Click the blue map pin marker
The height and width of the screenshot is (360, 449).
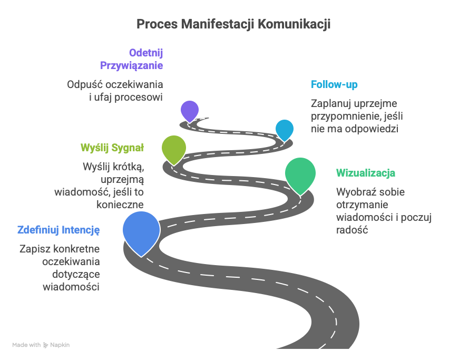[x=141, y=231]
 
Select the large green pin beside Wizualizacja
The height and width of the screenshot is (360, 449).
[x=300, y=174]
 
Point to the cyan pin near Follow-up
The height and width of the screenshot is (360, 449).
[x=285, y=129]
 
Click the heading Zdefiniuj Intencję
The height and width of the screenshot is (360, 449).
[x=58, y=230]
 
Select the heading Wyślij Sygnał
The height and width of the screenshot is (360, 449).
[x=112, y=147]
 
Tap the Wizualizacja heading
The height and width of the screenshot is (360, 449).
[x=366, y=173]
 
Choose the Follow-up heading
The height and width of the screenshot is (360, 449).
[x=335, y=84]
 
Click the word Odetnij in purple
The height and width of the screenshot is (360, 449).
[x=146, y=53]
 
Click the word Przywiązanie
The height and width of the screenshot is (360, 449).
[x=131, y=65]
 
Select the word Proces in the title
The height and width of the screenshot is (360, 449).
[x=154, y=24]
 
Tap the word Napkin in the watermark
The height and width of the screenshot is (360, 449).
[x=60, y=345]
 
